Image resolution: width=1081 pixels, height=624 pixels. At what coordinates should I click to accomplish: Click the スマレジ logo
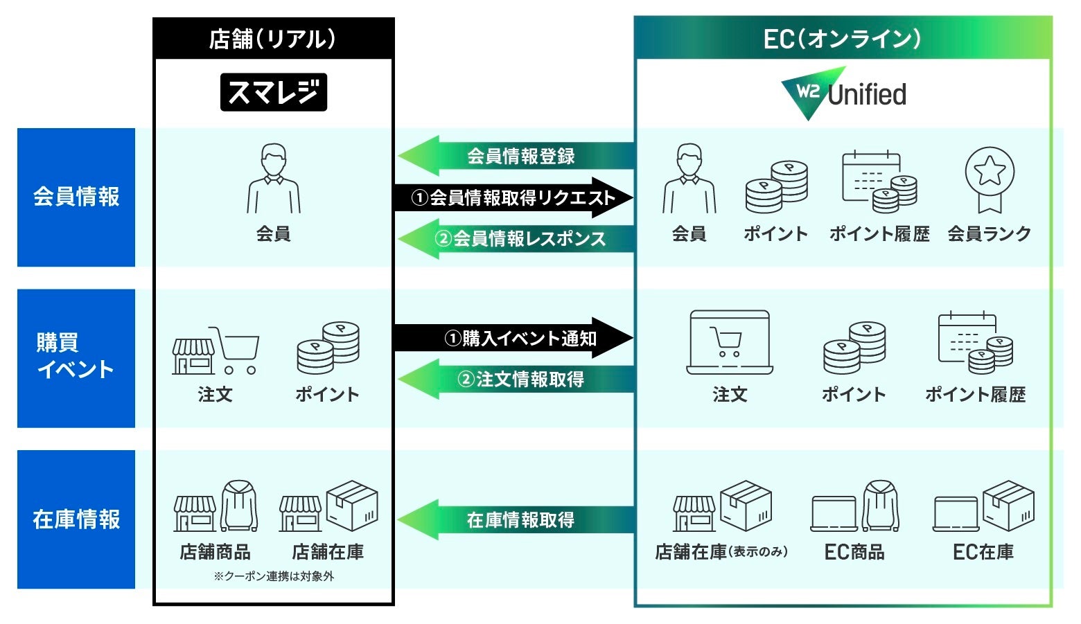274,92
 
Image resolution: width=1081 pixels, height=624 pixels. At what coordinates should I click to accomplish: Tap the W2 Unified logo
843,93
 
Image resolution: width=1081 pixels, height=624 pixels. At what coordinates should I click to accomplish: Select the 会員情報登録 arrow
516,156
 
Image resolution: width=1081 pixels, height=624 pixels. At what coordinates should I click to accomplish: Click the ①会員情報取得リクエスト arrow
513,198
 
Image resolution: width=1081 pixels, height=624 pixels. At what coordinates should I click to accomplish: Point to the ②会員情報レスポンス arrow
516,239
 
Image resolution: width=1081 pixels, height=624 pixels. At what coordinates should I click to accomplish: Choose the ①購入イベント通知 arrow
513,338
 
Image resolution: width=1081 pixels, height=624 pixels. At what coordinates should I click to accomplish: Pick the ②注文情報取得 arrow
516,379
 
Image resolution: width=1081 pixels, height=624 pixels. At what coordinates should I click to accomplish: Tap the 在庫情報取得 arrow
516,519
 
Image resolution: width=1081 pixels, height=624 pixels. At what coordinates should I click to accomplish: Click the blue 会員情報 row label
76,197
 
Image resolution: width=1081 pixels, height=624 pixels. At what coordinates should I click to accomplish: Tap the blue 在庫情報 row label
76,519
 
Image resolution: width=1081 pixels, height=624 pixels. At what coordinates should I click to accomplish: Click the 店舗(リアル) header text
273,39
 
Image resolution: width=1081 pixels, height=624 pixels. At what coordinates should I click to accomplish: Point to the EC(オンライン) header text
843,39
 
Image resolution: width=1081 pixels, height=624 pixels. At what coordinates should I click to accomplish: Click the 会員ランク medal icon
990,179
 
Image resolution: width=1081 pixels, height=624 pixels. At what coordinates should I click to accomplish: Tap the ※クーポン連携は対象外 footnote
274,576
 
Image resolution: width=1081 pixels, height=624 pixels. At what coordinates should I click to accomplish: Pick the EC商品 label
854,552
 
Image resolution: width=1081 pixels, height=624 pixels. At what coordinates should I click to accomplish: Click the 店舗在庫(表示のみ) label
721,552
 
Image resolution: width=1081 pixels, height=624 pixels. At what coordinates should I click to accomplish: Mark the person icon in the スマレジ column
274,179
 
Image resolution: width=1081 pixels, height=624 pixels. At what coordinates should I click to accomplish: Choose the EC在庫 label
983,552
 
